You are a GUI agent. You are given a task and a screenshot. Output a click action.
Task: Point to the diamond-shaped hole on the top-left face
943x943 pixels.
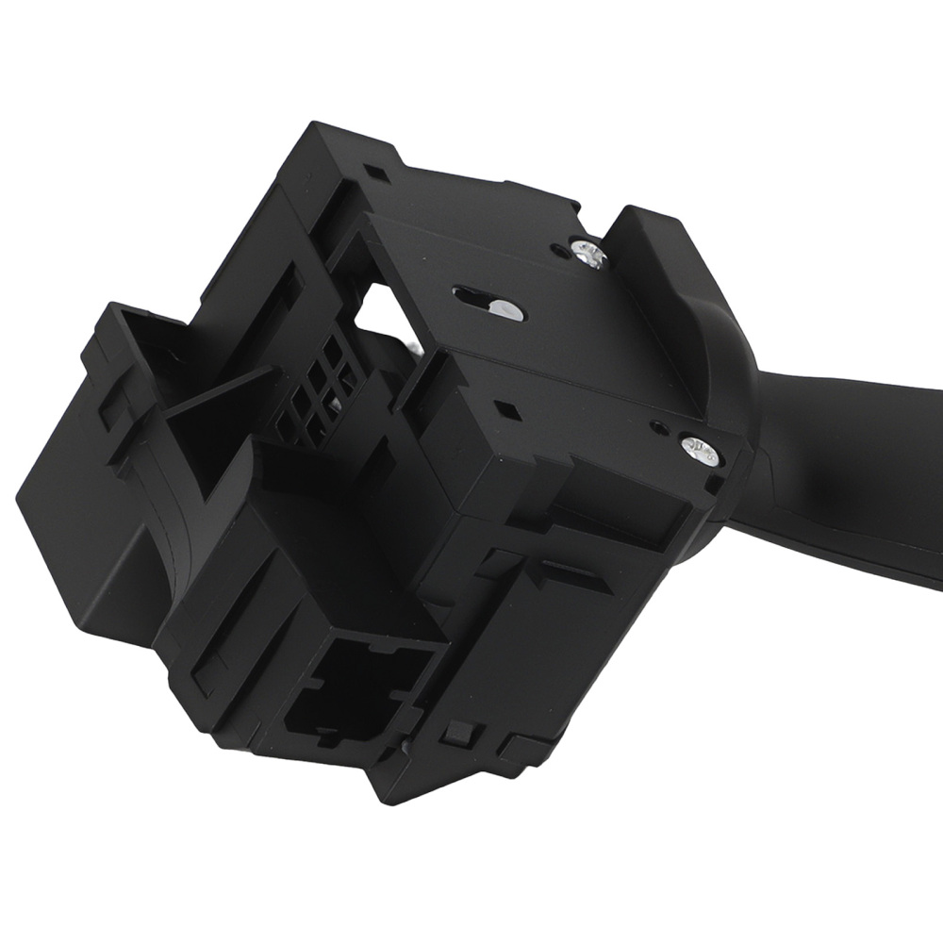[x=378, y=174]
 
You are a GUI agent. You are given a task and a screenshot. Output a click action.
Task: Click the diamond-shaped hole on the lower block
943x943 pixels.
[x=509, y=409]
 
